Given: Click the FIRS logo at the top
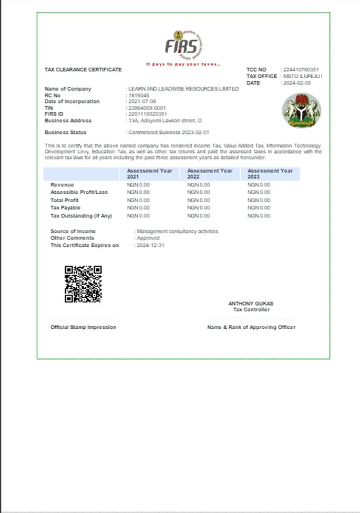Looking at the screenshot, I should [x=184, y=45].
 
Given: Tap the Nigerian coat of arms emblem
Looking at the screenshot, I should [x=301, y=110].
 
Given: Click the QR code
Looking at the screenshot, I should [x=83, y=284].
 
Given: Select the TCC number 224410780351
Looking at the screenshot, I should [x=301, y=70].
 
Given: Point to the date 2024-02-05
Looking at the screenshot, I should [x=297, y=83].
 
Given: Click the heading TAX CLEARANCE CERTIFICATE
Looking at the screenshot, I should [x=83, y=70].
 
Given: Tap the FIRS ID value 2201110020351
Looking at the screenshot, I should [x=148, y=114].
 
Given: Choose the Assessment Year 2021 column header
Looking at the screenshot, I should [x=149, y=174].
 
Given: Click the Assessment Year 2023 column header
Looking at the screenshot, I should [x=270, y=174].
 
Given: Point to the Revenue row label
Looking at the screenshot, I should [x=62, y=185].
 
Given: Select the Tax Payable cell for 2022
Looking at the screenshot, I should [x=199, y=208].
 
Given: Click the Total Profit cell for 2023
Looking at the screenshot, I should [x=259, y=200].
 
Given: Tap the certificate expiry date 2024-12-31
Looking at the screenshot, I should [x=150, y=245].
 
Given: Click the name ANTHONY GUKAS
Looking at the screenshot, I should [x=251, y=303].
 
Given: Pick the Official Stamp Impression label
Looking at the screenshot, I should [x=83, y=327].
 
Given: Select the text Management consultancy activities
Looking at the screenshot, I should [x=177, y=231].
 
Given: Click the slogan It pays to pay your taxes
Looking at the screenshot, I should [x=183, y=64].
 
